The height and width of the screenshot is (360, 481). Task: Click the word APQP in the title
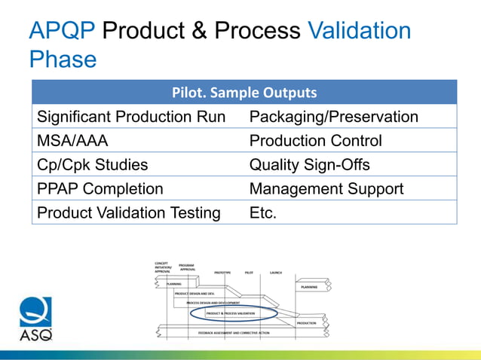coord(61,31)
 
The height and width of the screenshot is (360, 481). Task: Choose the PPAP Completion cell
coord(100,189)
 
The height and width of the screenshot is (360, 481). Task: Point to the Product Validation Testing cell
coord(128,213)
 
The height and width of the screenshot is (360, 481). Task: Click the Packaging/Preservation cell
coord(333,117)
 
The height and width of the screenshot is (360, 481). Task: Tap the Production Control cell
coord(315,141)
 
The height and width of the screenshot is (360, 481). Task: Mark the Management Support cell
coord(326,189)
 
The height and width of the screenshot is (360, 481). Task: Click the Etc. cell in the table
coord(263,213)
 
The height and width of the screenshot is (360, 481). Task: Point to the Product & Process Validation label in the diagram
coord(231,313)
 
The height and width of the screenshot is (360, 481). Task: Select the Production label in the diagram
coord(306,322)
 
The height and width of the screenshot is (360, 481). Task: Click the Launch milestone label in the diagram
coord(276,272)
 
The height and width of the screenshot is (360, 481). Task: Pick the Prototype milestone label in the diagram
coord(222,272)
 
